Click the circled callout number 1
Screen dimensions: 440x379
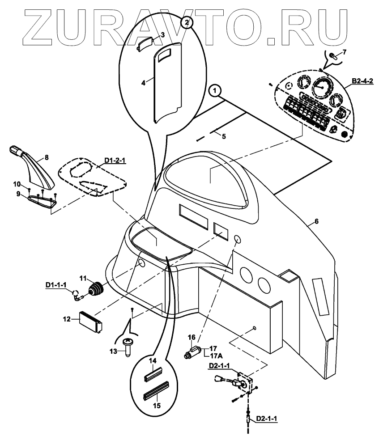(x=216, y=91)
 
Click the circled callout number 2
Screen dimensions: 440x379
(x=187, y=21)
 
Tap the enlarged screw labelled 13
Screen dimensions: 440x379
(x=128, y=346)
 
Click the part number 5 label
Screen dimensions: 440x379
(x=224, y=136)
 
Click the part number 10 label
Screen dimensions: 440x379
(x=17, y=184)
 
